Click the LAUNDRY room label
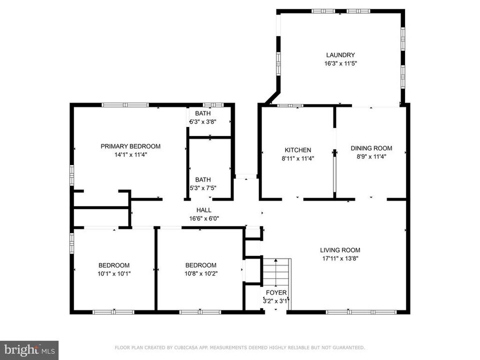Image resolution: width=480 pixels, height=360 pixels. pos(340,55)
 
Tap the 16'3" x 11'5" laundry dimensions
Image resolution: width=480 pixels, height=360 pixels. pos(340,63)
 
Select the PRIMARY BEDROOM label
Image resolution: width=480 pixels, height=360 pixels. pos(130,146)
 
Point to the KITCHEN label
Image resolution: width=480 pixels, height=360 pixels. pos(298,150)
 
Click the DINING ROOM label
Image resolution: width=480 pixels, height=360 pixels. pos(371,148)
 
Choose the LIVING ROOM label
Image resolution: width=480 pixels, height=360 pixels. pos(340,250)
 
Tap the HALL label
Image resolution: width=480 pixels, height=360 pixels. pos(203,210)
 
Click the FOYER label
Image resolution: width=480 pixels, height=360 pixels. pos(275,292)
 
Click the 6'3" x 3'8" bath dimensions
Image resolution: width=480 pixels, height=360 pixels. pos(202,121)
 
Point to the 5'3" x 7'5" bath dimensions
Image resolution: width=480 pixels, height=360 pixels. pos(202,188)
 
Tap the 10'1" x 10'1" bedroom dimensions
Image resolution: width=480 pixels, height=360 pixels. pos(114,273)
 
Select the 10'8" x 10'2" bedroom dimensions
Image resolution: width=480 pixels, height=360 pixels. pos(200,273)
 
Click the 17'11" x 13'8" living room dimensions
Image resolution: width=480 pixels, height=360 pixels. pos(340,258)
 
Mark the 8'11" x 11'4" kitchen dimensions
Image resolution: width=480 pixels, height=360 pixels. pos(298,158)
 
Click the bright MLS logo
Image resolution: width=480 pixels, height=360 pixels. pos(29,349)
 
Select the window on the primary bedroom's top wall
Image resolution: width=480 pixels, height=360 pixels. pos(125,105)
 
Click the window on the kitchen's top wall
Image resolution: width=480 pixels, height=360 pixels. pos(290,105)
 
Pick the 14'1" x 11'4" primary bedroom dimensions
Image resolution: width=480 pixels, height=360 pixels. pos(130,155)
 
